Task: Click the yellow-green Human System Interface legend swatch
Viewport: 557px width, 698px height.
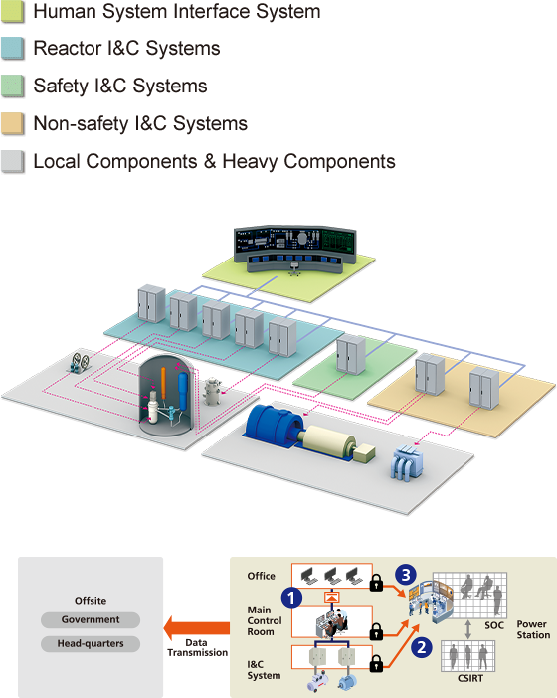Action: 13,11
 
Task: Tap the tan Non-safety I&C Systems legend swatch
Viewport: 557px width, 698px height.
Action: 13,123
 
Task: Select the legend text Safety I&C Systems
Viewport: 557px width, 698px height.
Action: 120,86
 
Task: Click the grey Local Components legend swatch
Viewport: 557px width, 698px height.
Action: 13,161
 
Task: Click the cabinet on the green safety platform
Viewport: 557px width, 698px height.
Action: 351,355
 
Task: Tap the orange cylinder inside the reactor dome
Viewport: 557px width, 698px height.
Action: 163,383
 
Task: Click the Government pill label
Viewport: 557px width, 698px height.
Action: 91,619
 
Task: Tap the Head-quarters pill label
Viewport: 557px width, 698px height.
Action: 91,643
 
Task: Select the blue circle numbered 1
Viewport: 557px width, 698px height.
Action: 291,598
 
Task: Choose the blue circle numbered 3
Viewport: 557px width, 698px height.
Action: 406,575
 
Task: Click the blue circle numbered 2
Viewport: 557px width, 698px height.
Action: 421,647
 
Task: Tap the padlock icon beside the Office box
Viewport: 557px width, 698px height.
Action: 376,582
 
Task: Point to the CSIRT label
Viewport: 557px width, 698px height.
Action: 470,678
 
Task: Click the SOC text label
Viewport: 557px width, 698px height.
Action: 494,625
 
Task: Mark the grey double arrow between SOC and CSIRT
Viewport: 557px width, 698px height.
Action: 467,629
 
